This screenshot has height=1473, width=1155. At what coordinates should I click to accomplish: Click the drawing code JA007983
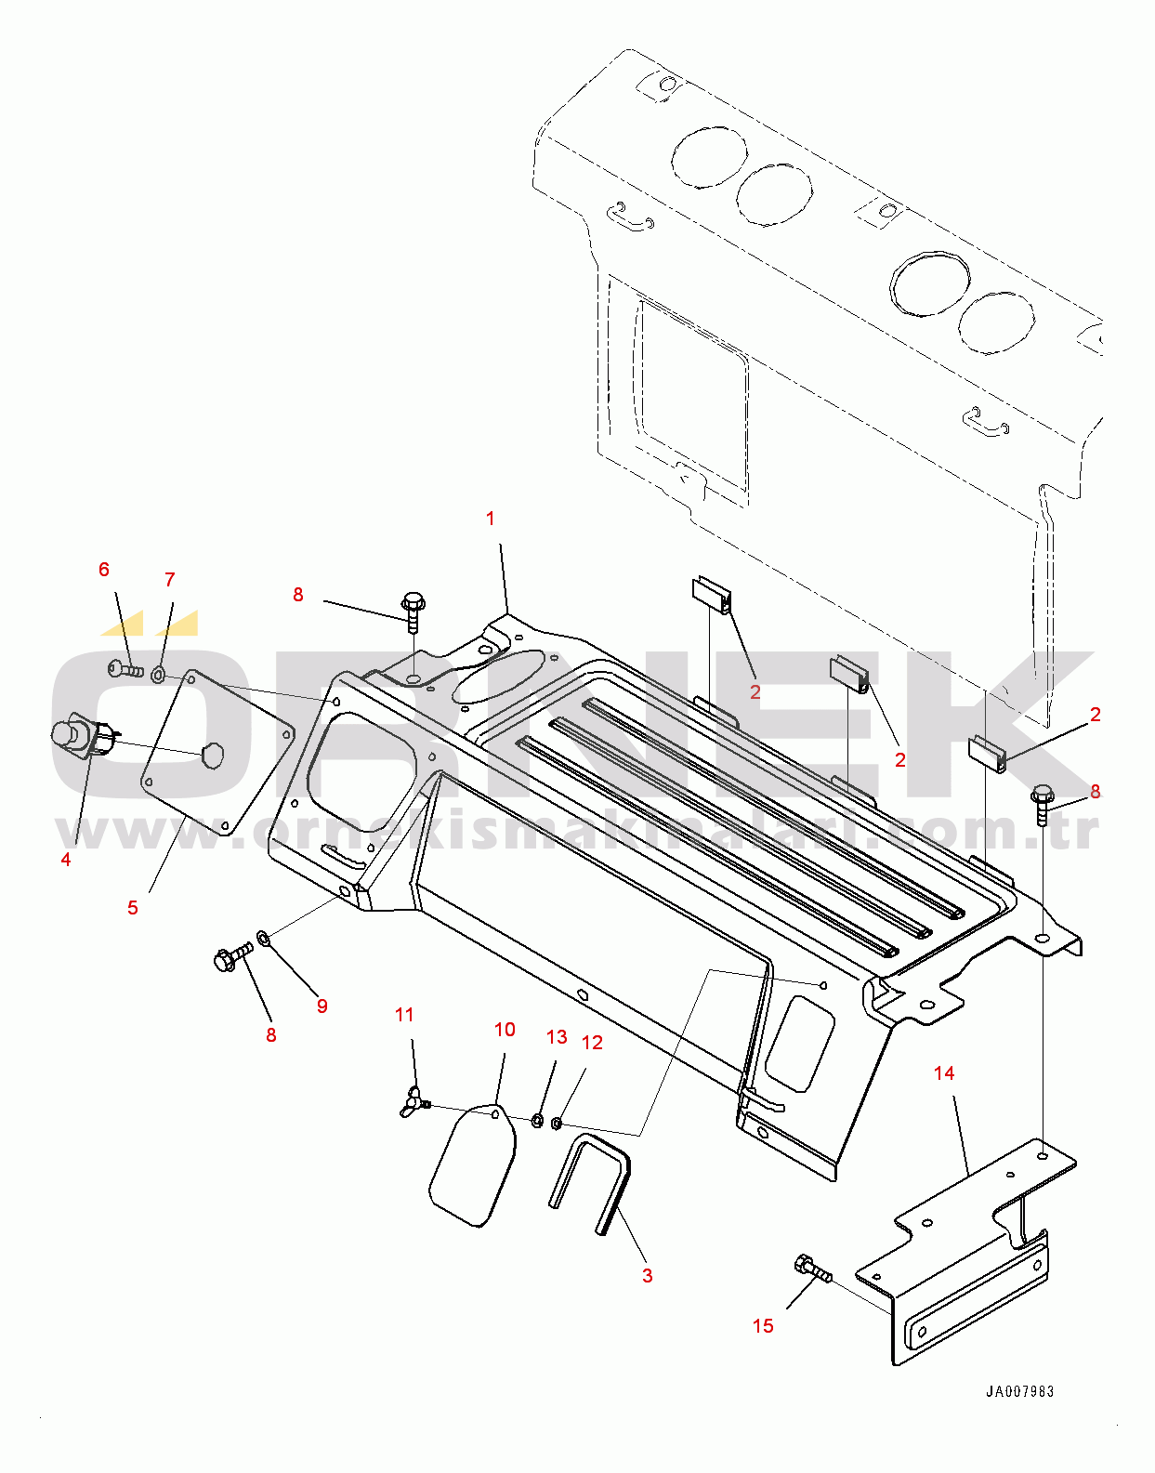pyautogui.click(x=1019, y=1391)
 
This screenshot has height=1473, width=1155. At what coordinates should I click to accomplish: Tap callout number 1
pyautogui.click(x=491, y=519)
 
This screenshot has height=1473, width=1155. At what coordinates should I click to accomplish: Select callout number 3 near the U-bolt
pyautogui.click(x=648, y=1276)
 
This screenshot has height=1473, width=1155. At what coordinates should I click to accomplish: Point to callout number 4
pyautogui.click(x=66, y=860)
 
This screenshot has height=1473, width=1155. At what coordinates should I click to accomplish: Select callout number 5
pyautogui.click(x=133, y=907)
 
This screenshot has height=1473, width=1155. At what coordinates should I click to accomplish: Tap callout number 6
pyautogui.click(x=104, y=570)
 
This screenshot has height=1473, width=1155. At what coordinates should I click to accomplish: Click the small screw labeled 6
pyautogui.click(x=125, y=667)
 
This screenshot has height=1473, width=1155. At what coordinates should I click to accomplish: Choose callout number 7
pyautogui.click(x=169, y=580)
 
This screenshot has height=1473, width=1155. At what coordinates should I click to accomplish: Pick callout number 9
pyautogui.click(x=322, y=1006)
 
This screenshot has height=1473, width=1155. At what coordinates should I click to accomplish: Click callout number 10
pyautogui.click(x=505, y=1030)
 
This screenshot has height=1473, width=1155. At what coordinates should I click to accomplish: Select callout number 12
pyautogui.click(x=592, y=1043)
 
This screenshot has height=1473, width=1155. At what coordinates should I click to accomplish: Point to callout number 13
pyautogui.click(x=557, y=1037)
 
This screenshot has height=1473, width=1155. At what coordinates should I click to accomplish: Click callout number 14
pyautogui.click(x=944, y=1073)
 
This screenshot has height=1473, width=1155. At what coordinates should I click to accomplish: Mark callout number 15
pyautogui.click(x=763, y=1326)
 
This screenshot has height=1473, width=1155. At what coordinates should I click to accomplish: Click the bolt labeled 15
pyautogui.click(x=812, y=1269)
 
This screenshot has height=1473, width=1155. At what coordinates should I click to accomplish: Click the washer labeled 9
pyautogui.click(x=264, y=937)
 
